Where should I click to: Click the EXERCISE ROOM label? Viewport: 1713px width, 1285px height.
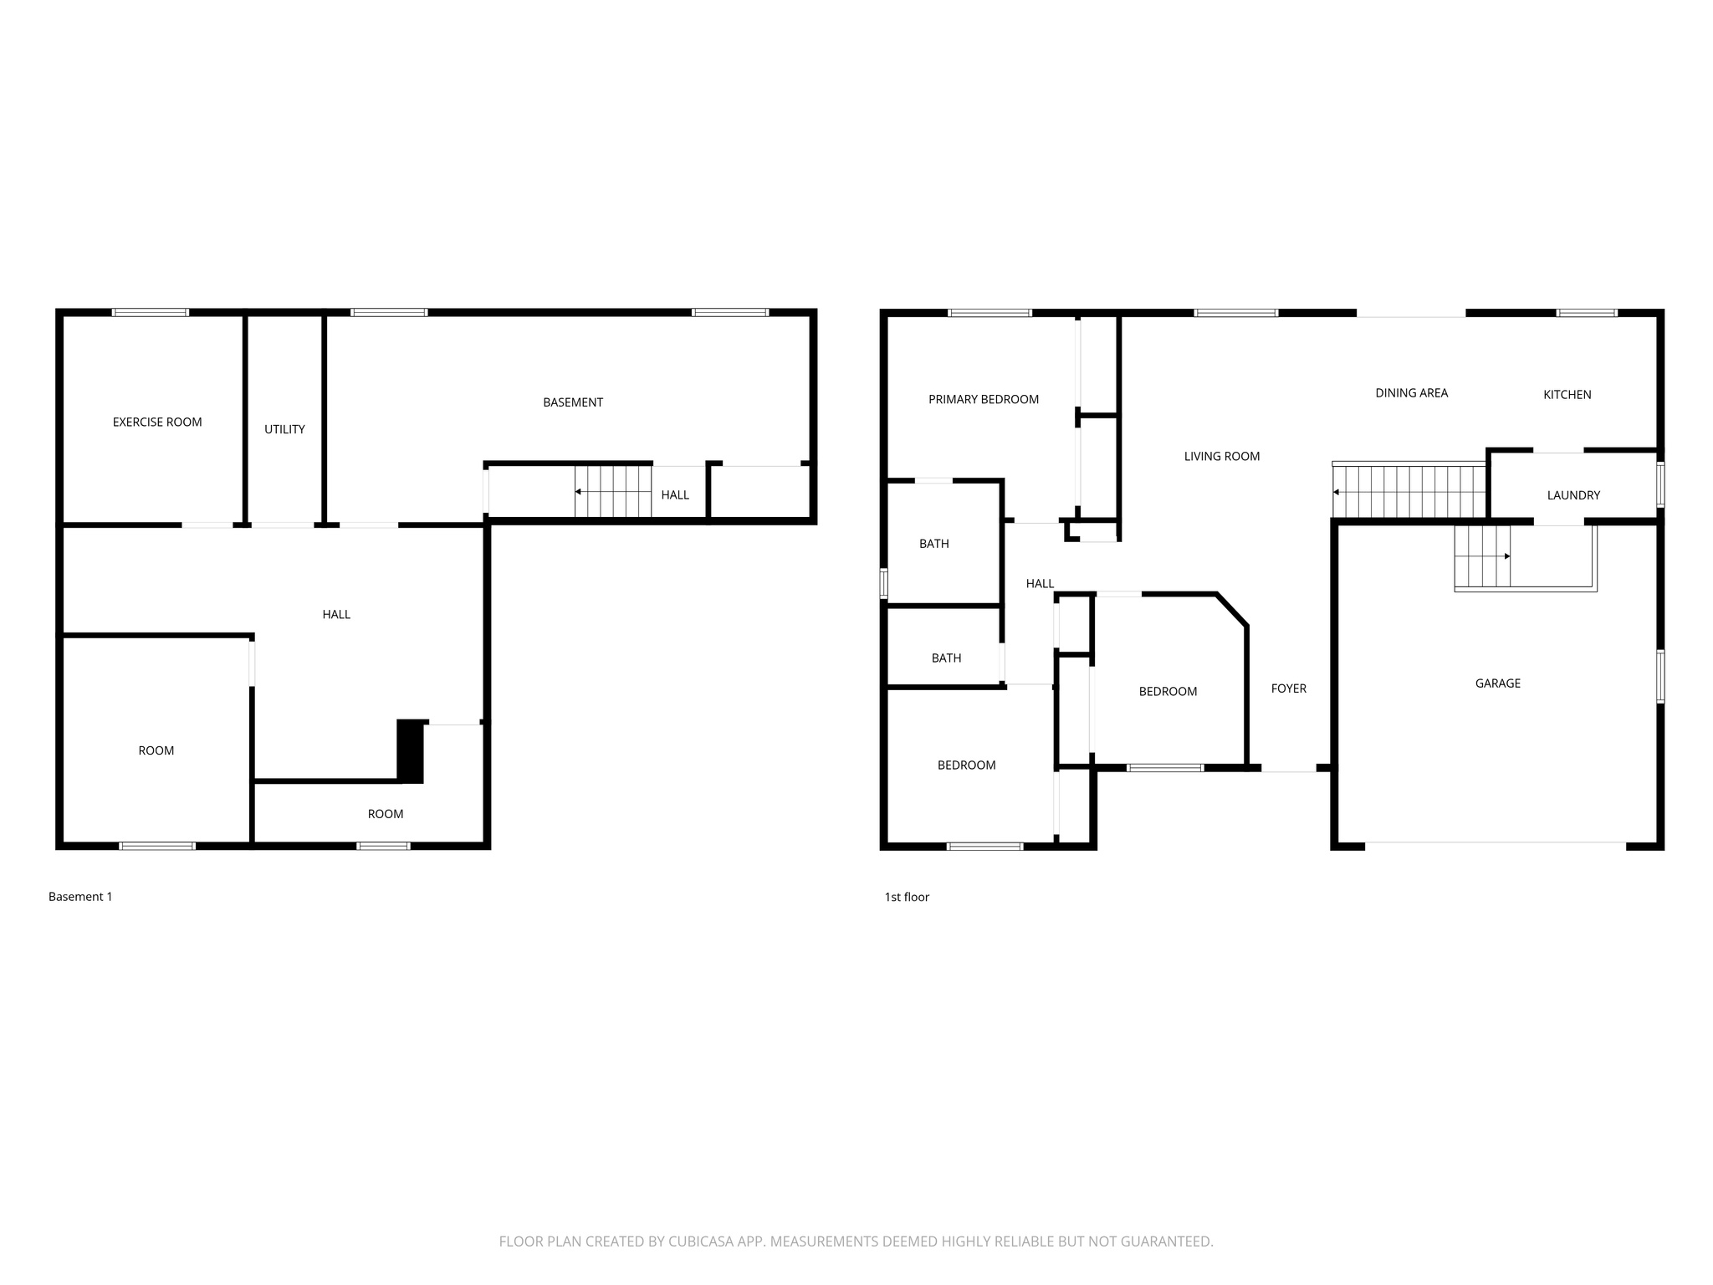pyautogui.click(x=157, y=422)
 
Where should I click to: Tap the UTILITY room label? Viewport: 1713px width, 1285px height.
pyautogui.click(x=284, y=429)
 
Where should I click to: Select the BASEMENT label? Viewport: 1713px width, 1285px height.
pyautogui.click(x=573, y=402)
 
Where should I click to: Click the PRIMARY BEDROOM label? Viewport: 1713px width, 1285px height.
pyautogui.click(x=984, y=400)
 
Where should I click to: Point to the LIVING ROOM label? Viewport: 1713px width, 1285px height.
pyautogui.click(x=1222, y=457)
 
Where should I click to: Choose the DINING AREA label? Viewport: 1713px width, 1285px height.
pyautogui.click(x=1412, y=393)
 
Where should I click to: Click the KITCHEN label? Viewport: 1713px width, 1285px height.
pyautogui.click(x=1567, y=395)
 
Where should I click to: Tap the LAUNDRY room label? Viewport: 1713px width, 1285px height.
pyautogui.click(x=1573, y=495)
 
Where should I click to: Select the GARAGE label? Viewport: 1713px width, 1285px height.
pyautogui.click(x=1498, y=683)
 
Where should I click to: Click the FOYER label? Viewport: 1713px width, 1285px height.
pyautogui.click(x=1289, y=689)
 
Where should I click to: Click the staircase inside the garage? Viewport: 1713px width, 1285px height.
pyautogui.click(x=1483, y=556)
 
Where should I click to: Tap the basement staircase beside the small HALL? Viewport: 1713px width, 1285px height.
pyautogui.click(x=613, y=492)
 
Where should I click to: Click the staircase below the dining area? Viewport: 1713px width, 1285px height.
pyautogui.click(x=1409, y=492)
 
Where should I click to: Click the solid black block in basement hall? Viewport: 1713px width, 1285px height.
pyautogui.click(x=411, y=751)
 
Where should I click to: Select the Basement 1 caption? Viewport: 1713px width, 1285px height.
pyautogui.click(x=80, y=897)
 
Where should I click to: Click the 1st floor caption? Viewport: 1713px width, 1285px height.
pyautogui.click(x=907, y=897)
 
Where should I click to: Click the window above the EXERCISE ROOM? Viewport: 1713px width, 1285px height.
pyautogui.click(x=151, y=313)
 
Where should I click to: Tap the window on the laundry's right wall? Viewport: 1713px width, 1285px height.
pyautogui.click(x=1661, y=484)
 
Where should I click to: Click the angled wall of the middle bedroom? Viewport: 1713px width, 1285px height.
pyautogui.click(x=1233, y=609)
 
